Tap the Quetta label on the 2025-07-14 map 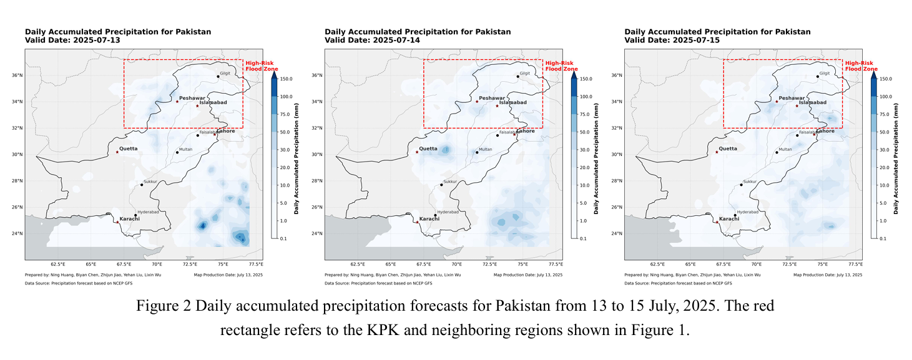pos(428,148)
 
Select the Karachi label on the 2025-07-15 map pos(728,219)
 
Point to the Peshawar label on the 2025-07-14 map pos(492,99)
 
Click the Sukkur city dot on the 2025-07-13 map pos(142,185)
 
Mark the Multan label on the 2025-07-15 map pos(787,150)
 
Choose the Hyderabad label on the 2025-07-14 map pos(448,212)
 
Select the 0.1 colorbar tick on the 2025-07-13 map pos(282,239)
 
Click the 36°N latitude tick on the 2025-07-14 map pos(317,75)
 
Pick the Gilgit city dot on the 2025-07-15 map pos(817,77)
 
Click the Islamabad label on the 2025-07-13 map pos(213,102)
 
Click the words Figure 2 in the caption pos(163,306)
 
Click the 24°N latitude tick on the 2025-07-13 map pos(17,234)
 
